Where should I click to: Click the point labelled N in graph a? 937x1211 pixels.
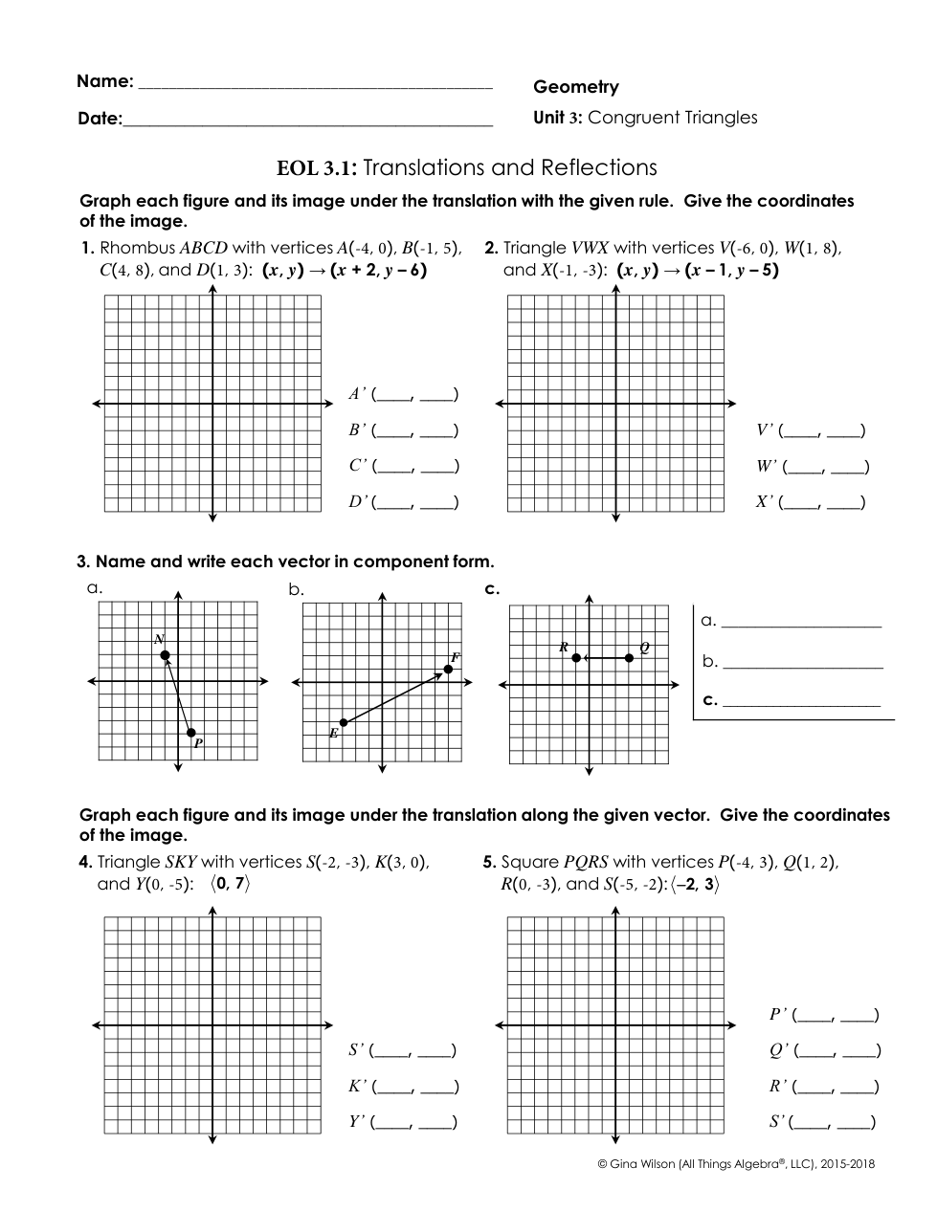(x=165, y=655)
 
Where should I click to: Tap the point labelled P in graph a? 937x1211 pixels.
(x=191, y=733)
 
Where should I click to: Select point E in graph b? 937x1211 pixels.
(x=343, y=723)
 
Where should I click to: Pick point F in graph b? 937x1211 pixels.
(x=448, y=669)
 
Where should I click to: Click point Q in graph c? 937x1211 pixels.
(x=629, y=657)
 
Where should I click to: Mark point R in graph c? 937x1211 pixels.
(x=575, y=657)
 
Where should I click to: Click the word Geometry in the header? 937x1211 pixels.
(x=576, y=87)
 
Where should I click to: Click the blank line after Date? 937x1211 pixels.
(x=308, y=121)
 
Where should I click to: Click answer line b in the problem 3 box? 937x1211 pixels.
(x=802, y=662)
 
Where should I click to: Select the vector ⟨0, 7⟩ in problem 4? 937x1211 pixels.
(x=230, y=884)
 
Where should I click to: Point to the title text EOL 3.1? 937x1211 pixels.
(x=317, y=168)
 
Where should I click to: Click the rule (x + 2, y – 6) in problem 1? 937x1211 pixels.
(x=378, y=270)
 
